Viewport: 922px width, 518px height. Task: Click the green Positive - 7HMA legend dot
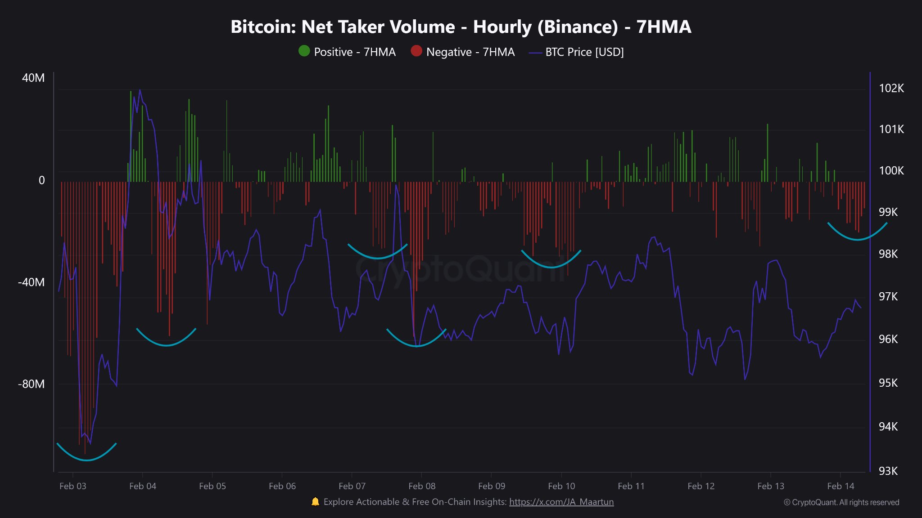tap(304, 51)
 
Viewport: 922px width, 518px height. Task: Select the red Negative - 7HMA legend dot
tap(416, 51)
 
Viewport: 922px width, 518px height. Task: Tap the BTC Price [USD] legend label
tap(584, 52)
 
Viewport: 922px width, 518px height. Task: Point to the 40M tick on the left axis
tap(33, 78)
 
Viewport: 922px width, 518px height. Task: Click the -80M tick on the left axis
tap(31, 384)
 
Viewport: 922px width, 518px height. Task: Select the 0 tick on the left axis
tap(41, 180)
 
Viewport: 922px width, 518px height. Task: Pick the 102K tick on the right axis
tap(891, 88)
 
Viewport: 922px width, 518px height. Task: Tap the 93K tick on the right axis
tap(888, 471)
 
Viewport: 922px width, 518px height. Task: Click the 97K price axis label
tap(888, 296)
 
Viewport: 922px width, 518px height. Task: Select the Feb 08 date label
tap(422, 486)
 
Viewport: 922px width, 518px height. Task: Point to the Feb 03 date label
tap(72, 486)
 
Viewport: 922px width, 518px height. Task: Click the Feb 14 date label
tap(840, 486)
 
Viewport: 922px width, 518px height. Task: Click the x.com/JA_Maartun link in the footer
tap(561, 502)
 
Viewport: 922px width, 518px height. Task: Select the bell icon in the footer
tap(315, 502)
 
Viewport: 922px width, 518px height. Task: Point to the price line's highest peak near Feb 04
tap(140, 90)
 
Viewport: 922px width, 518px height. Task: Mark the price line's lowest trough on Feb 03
tap(90, 443)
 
